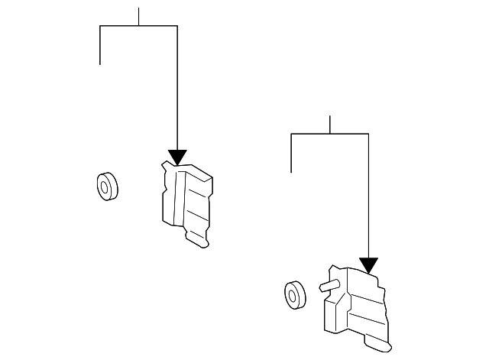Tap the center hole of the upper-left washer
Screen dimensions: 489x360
click(x=103, y=186)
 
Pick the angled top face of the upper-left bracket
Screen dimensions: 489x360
click(x=196, y=174)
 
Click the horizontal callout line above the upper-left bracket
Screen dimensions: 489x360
click(x=138, y=26)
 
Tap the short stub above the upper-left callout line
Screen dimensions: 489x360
click(x=138, y=16)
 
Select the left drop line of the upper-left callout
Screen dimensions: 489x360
click(x=100, y=45)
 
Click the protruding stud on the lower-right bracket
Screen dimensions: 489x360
click(x=327, y=286)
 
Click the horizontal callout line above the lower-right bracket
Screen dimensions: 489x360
click(x=329, y=134)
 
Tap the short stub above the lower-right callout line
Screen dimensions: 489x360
click(x=329, y=125)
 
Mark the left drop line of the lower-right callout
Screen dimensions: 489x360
click(x=292, y=153)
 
